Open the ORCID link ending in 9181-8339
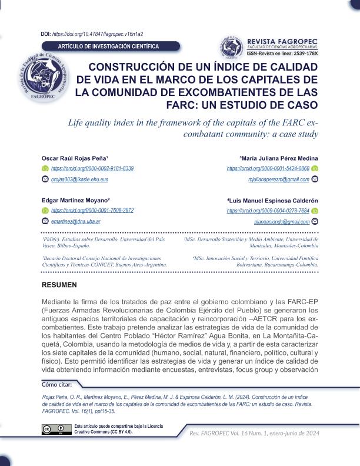pos(92,168)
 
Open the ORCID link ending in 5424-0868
pos(268,168)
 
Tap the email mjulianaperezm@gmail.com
pos(278,178)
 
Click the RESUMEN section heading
pos(59,285)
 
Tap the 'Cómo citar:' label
pos(56,385)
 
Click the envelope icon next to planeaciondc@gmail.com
pos(315,221)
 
